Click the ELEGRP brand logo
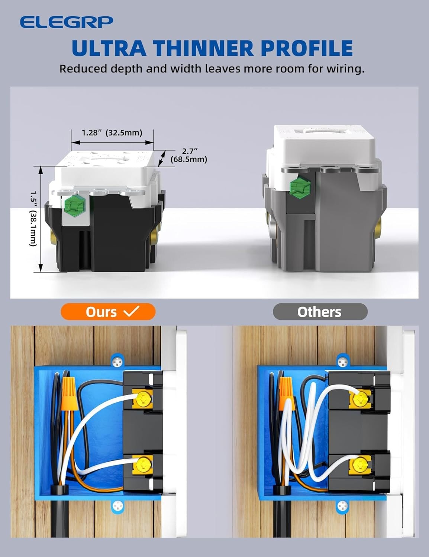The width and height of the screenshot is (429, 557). [x=66, y=22]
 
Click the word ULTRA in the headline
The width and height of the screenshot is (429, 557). [x=109, y=48]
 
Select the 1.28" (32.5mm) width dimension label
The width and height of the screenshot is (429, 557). [x=112, y=133]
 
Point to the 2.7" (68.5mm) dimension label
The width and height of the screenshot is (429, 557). [x=189, y=155]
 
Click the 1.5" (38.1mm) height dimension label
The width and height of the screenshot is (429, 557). [x=33, y=219]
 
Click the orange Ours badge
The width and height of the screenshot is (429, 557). [x=108, y=312]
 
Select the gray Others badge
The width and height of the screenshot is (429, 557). [x=320, y=312]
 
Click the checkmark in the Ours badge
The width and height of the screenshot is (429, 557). [x=131, y=311]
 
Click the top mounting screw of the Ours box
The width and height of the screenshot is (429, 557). [x=118, y=360]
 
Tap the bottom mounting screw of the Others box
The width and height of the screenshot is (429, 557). [x=342, y=505]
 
